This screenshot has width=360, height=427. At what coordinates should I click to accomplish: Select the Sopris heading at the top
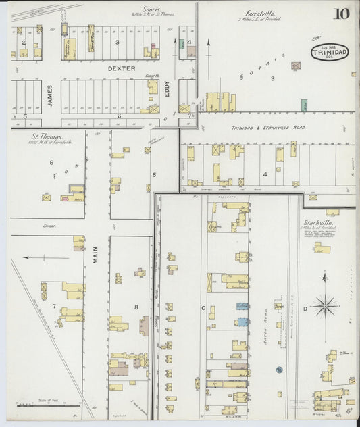point(150,9)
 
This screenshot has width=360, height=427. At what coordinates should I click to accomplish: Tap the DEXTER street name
point(121,68)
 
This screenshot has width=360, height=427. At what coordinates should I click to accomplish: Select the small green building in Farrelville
point(305,105)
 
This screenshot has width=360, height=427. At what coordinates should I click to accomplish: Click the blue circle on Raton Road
point(278,370)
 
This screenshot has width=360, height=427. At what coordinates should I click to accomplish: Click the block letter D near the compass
point(305,309)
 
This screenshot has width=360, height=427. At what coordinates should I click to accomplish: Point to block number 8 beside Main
point(136,307)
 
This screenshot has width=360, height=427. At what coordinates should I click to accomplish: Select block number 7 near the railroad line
point(54,306)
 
